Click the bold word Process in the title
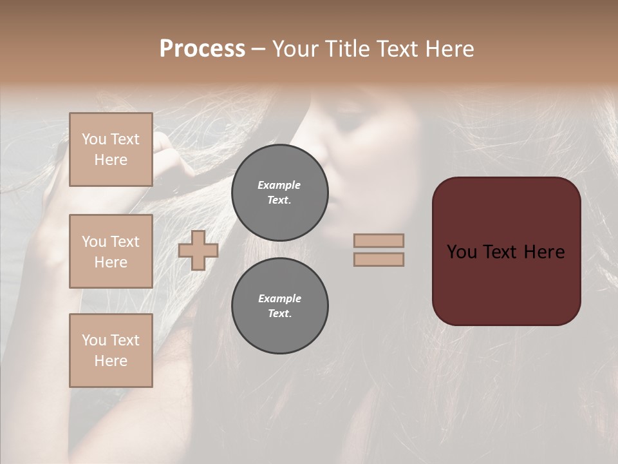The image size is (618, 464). click(202, 49)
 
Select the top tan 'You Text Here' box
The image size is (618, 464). click(111, 150)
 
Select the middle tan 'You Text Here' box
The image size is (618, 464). click(111, 251)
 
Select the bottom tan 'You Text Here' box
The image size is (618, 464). click(111, 351)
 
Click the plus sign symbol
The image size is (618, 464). click(198, 250)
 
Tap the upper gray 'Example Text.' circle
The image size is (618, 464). click(279, 192)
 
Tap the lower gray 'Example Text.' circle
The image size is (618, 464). click(279, 305)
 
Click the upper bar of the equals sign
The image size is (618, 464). click(379, 240)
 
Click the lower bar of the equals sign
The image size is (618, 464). click(379, 259)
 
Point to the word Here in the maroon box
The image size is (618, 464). click(543, 252)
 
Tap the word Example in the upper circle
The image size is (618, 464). click(279, 185)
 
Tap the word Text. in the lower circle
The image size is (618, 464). click(279, 313)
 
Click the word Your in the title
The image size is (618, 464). click(294, 49)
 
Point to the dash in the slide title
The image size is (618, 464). click(258, 49)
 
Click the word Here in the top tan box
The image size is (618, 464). click(111, 160)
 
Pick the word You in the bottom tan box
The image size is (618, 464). click(94, 340)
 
